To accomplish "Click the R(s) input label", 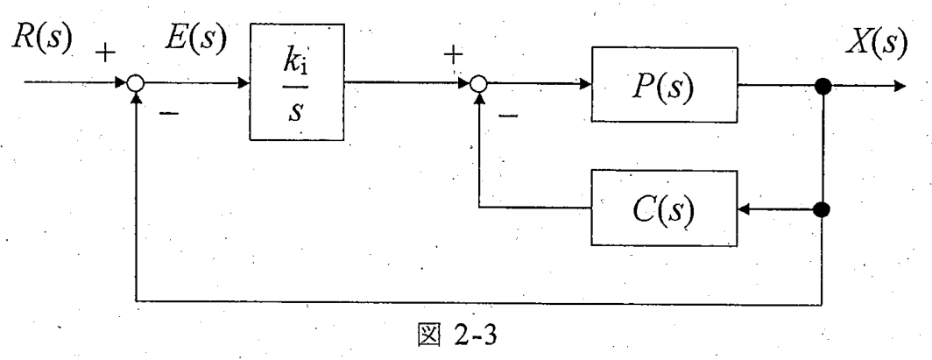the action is [x=41, y=40].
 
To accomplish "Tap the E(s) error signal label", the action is [x=195, y=40].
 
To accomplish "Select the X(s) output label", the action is [x=877, y=43].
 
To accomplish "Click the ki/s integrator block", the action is [x=297, y=82].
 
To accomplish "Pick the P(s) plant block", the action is [x=664, y=85].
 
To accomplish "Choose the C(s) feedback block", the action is [x=664, y=208].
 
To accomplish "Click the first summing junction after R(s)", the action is [x=136, y=84].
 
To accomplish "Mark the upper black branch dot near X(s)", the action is [x=823, y=87].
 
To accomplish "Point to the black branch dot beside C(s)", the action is [x=823, y=209].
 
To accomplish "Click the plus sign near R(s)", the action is [x=106, y=54].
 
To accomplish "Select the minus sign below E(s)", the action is [x=169, y=112].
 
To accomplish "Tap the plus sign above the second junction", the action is [x=454, y=55].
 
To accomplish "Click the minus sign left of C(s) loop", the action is [x=507, y=114].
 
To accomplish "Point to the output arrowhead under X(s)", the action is [x=900, y=87].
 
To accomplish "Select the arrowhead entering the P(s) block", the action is [x=584, y=85].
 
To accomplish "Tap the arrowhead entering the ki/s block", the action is [x=244, y=84].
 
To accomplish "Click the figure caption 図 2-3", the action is [x=456, y=336].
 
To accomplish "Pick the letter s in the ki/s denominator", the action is [x=295, y=112].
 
